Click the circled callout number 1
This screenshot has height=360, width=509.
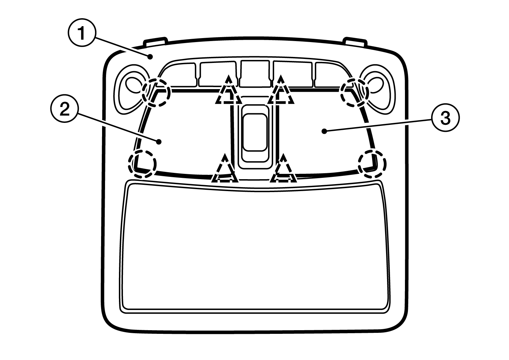coord(81,32)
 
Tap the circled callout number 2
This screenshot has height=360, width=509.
coord(64,109)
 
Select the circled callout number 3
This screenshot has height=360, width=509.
coord(445,118)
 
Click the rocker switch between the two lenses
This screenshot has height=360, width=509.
coord(255,132)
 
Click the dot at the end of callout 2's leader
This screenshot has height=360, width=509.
coord(159,142)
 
